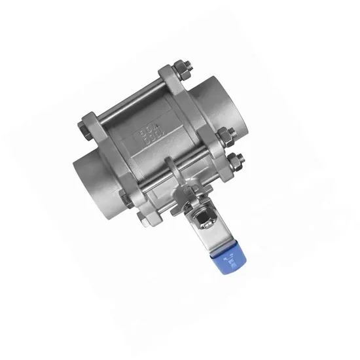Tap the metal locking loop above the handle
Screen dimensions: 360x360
[x=171, y=171]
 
